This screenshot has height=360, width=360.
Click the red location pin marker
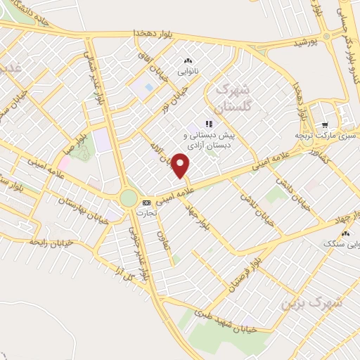click(x=181, y=166)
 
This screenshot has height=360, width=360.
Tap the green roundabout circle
click(x=129, y=198)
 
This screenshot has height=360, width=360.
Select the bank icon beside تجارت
click(x=146, y=202)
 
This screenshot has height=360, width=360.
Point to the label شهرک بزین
click(x=311, y=301)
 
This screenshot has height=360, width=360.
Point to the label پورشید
click(x=307, y=43)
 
